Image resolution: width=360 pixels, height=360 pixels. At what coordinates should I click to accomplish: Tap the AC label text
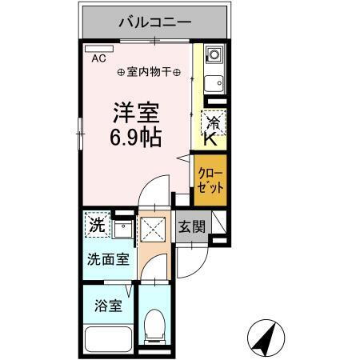click(98, 58)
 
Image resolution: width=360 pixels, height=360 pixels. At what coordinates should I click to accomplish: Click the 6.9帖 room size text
click(135, 137)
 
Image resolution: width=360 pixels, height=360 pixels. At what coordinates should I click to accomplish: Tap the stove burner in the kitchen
click(214, 55)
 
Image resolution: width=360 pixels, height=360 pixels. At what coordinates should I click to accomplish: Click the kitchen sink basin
click(214, 82)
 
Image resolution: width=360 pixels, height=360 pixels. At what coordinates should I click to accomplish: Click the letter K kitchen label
click(209, 139)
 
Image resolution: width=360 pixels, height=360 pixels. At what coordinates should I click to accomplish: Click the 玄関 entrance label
click(191, 226)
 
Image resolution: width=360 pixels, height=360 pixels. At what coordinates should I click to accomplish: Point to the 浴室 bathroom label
click(107, 306)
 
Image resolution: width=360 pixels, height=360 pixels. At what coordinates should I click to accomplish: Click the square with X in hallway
click(151, 230)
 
